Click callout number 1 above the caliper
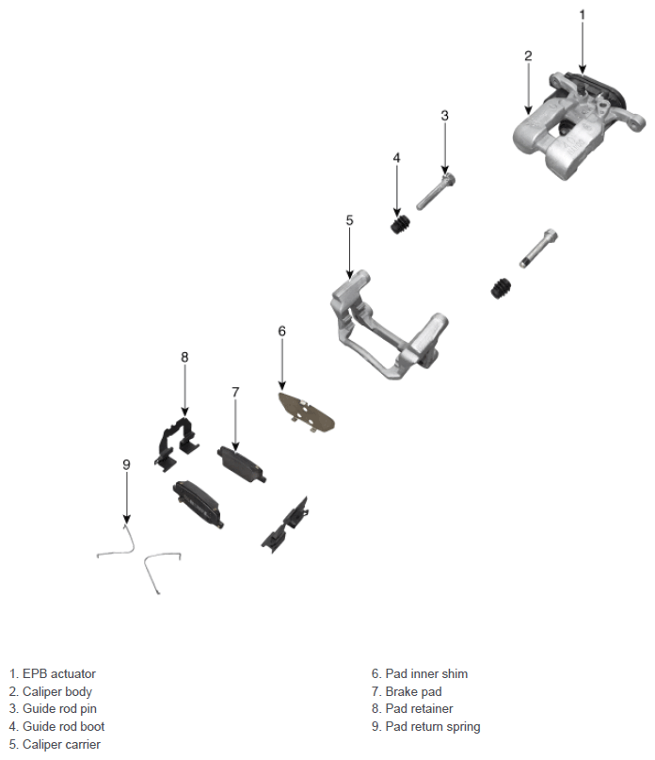point(583,15)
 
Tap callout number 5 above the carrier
point(350,220)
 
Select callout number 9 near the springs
point(126,464)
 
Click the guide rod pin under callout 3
point(436,191)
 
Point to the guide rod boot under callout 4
point(400,223)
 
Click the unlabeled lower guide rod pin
point(538,248)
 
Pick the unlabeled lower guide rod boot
point(501,288)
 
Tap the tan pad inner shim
point(306,412)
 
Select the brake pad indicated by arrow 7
point(241,464)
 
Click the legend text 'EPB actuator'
point(59,673)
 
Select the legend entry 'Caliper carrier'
point(61,744)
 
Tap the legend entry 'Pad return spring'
point(433,726)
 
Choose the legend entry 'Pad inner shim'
point(426,673)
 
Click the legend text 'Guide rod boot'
point(63,726)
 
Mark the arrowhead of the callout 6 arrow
point(282,386)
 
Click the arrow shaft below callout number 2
point(528,89)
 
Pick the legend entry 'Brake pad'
point(413,691)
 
